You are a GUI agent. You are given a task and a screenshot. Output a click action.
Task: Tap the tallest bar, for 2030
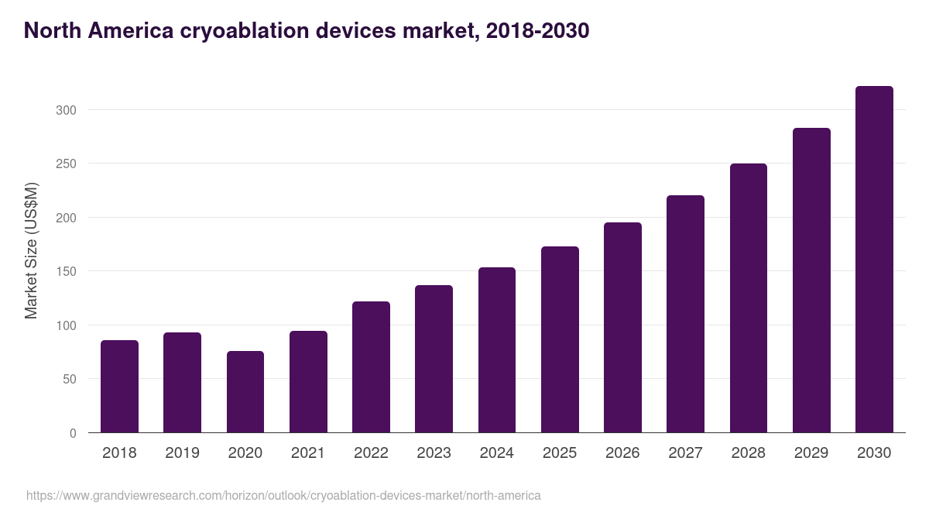[x=874, y=260]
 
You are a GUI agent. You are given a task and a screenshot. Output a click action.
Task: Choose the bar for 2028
[x=749, y=298]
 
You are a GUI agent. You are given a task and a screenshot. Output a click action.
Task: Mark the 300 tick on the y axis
[x=66, y=110]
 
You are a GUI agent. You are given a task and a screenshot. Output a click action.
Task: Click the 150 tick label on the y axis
[x=66, y=272]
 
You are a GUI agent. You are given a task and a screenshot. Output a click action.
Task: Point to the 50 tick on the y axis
[x=69, y=380]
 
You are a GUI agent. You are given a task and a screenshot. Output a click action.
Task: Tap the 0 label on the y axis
[x=73, y=433]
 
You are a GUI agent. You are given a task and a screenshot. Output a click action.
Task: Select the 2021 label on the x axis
[x=308, y=453]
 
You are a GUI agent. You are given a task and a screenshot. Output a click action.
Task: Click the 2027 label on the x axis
[x=685, y=453]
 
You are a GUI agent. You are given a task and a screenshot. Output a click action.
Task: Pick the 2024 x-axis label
[x=496, y=453]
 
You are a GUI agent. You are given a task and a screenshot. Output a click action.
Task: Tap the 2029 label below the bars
[x=811, y=453]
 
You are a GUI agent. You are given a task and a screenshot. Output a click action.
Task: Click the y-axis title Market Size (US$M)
[x=31, y=250]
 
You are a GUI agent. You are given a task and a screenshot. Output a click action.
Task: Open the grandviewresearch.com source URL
[x=283, y=495]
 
